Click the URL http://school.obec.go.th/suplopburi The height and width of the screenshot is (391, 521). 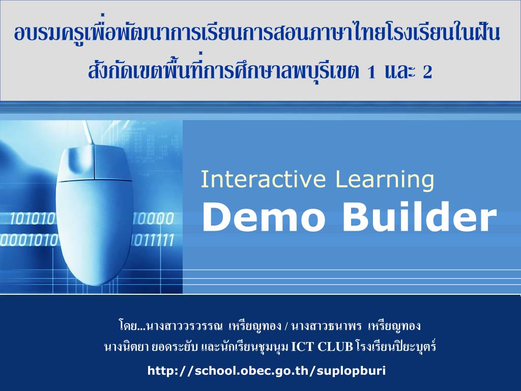click(267, 370)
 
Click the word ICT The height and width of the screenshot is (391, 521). click(303, 347)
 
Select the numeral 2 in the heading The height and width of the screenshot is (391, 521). click(427, 73)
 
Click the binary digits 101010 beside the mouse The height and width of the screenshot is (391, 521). click(33, 219)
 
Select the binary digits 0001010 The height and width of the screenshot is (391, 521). click(28, 240)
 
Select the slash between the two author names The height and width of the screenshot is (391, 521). click(287, 326)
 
